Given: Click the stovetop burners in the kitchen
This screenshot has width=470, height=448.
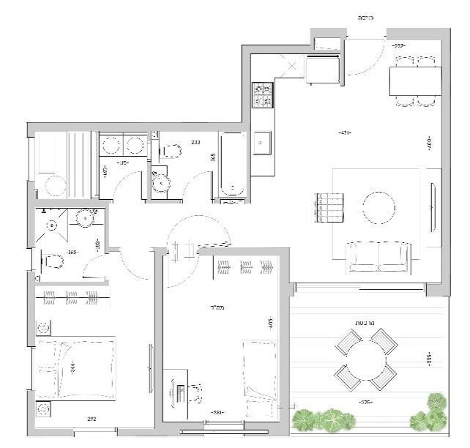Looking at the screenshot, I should click(263, 93).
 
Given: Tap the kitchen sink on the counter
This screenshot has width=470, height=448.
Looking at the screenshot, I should click(262, 143).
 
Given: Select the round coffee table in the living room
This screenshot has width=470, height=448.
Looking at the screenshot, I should click(381, 208).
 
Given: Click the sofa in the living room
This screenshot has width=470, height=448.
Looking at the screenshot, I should click(378, 257).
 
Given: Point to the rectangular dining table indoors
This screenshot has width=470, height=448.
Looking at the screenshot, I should click(415, 81).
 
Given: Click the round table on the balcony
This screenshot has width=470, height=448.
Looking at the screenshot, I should click(365, 359).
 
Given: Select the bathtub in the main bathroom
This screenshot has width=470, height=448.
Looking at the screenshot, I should click(234, 164).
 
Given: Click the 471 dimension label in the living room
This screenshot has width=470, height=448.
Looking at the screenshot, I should click(345, 132).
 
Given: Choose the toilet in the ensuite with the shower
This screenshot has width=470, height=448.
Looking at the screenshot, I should click(52, 261).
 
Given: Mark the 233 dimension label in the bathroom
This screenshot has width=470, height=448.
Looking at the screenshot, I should click(195, 142).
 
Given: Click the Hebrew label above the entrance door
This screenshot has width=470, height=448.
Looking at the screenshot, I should click(366, 17).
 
